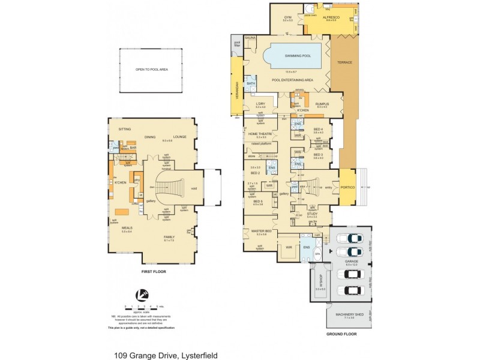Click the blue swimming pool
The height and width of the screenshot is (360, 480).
(292, 57)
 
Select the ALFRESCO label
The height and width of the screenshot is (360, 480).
(331, 18)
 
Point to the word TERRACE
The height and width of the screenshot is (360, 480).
(344, 62)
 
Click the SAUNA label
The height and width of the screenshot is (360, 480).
(250, 38)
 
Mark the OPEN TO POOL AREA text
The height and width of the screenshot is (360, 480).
(151, 70)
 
